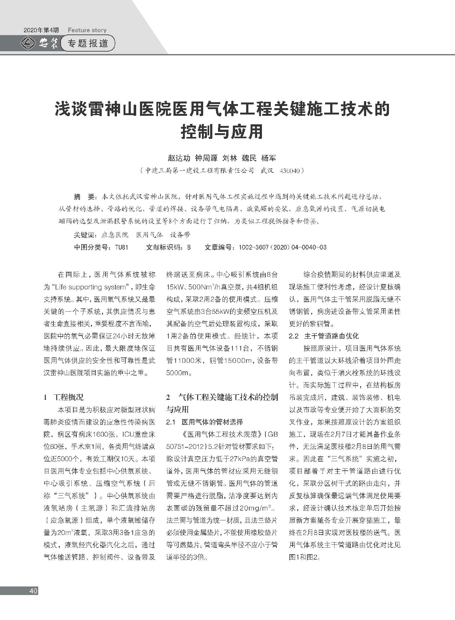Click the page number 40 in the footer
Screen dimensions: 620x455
pyautogui.click(x=33, y=591)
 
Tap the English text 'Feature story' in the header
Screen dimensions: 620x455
pyautogui.click(x=87, y=30)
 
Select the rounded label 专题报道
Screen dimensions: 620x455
pyautogui.click(x=88, y=43)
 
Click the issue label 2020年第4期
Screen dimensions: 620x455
pyautogui.click(x=41, y=30)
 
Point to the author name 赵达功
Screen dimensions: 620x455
pyautogui.click(x=179, y=158)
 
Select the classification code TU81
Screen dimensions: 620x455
pyautogui.click(x=122, y=247)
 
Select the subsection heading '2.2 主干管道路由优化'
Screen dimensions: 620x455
pyautogui.click(x=324, y=336)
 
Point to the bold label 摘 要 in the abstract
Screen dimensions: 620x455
pyautogui.click(x=83, y=197)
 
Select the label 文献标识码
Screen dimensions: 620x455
pyautogui.click(x=164, y=247)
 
